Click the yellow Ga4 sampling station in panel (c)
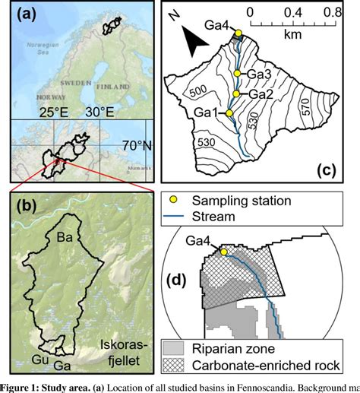238,33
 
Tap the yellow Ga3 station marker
238,74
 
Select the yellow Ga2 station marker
237,93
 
